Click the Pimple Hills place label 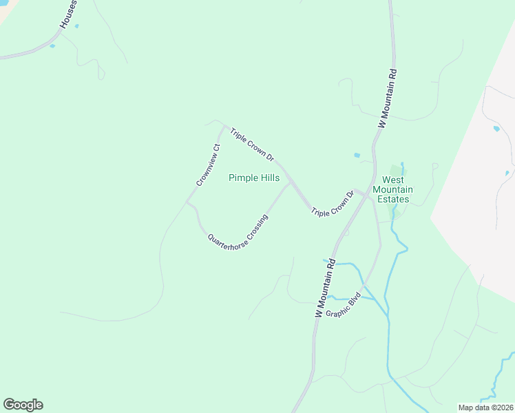point(253,178)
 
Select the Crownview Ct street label point(207,165)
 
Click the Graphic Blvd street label point(344,304)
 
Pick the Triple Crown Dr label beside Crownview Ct point(252,145)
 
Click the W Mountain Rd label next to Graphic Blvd point(324,287)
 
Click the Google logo point(23,405)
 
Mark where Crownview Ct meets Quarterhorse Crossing point(187,202)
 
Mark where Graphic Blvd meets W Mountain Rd point(364,283)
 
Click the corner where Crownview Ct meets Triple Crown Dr point(224,127)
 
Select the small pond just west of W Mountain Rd point(357,156)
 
